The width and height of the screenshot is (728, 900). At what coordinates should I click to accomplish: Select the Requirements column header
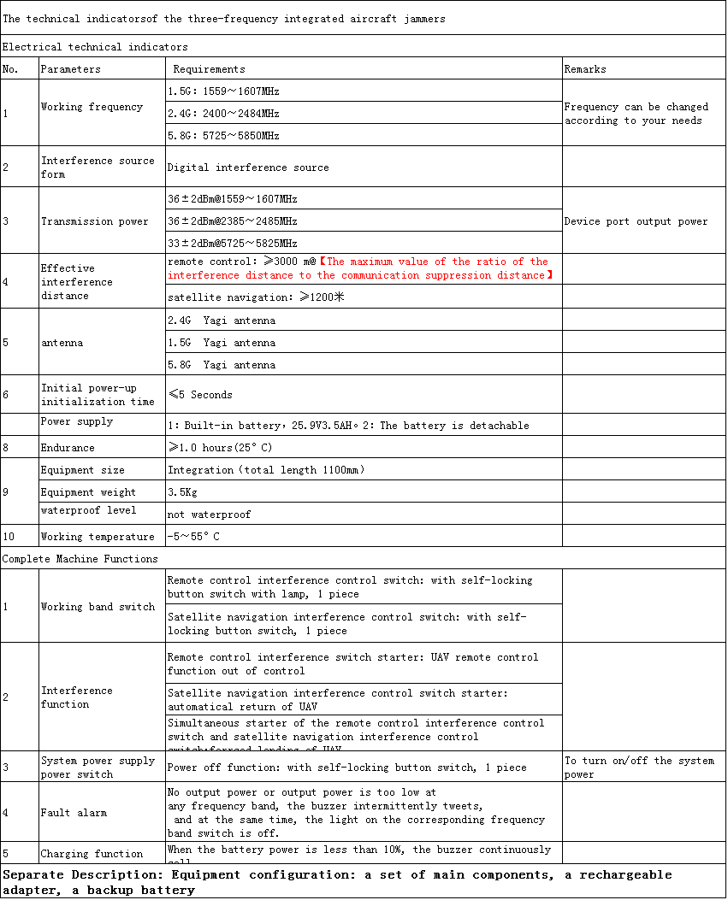tap(209, 69)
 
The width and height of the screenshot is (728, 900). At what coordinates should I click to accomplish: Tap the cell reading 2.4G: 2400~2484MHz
tap(224, 113)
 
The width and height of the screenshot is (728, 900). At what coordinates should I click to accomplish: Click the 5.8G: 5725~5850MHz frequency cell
tap(224, 135)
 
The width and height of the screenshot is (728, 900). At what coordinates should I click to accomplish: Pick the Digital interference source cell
tap(248, 168)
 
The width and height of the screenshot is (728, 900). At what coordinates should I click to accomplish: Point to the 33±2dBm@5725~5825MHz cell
tap(233, 244)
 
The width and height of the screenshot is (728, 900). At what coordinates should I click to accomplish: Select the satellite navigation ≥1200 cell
tap(255, 298)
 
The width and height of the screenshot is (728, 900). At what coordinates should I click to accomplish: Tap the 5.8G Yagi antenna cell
tap(222, 365)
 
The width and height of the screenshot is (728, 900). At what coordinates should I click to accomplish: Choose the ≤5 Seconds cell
tap(200, 395)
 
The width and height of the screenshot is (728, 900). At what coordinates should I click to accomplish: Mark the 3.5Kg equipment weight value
tap(181, 492)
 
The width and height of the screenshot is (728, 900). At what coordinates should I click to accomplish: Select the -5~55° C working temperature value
tap(193, 537)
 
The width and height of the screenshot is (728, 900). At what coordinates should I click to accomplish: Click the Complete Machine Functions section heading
tap(80, 559)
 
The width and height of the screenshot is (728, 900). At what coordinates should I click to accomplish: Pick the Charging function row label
tap(92, 854)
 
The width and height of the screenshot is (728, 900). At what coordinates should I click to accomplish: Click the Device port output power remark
tap(636, 221)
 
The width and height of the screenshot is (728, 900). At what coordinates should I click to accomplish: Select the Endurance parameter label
tap(68, 448)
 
